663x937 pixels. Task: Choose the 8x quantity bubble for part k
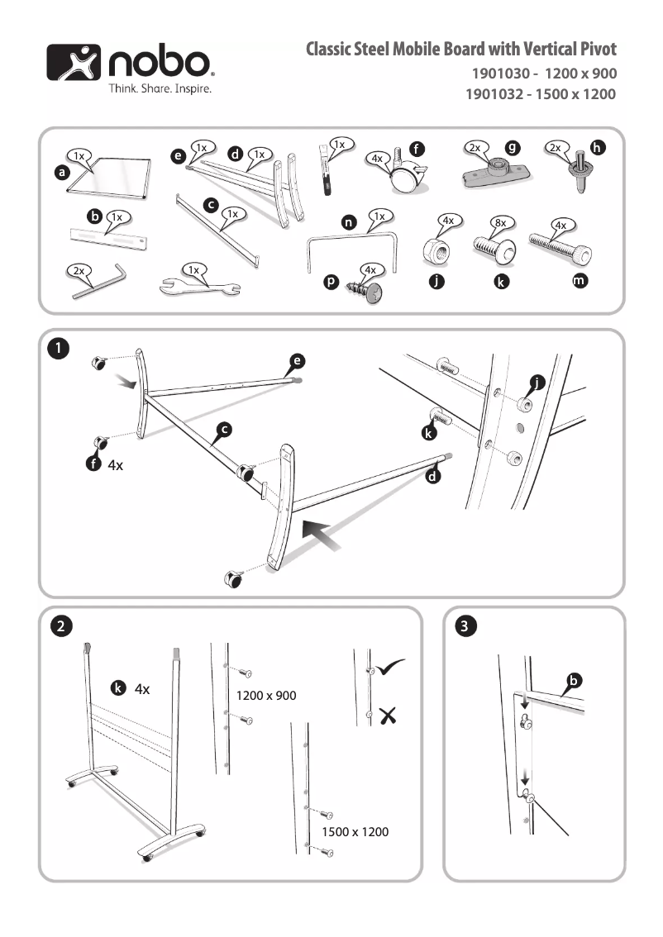coord(500,223)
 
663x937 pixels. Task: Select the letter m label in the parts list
coord(581,282)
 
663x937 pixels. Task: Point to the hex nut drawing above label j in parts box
coord(438,248)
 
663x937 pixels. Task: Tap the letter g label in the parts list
coord(513,148)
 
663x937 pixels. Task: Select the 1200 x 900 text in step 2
coord(266,696)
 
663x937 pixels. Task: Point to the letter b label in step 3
coord(574,681)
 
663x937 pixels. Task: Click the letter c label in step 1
coord(224,429)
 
